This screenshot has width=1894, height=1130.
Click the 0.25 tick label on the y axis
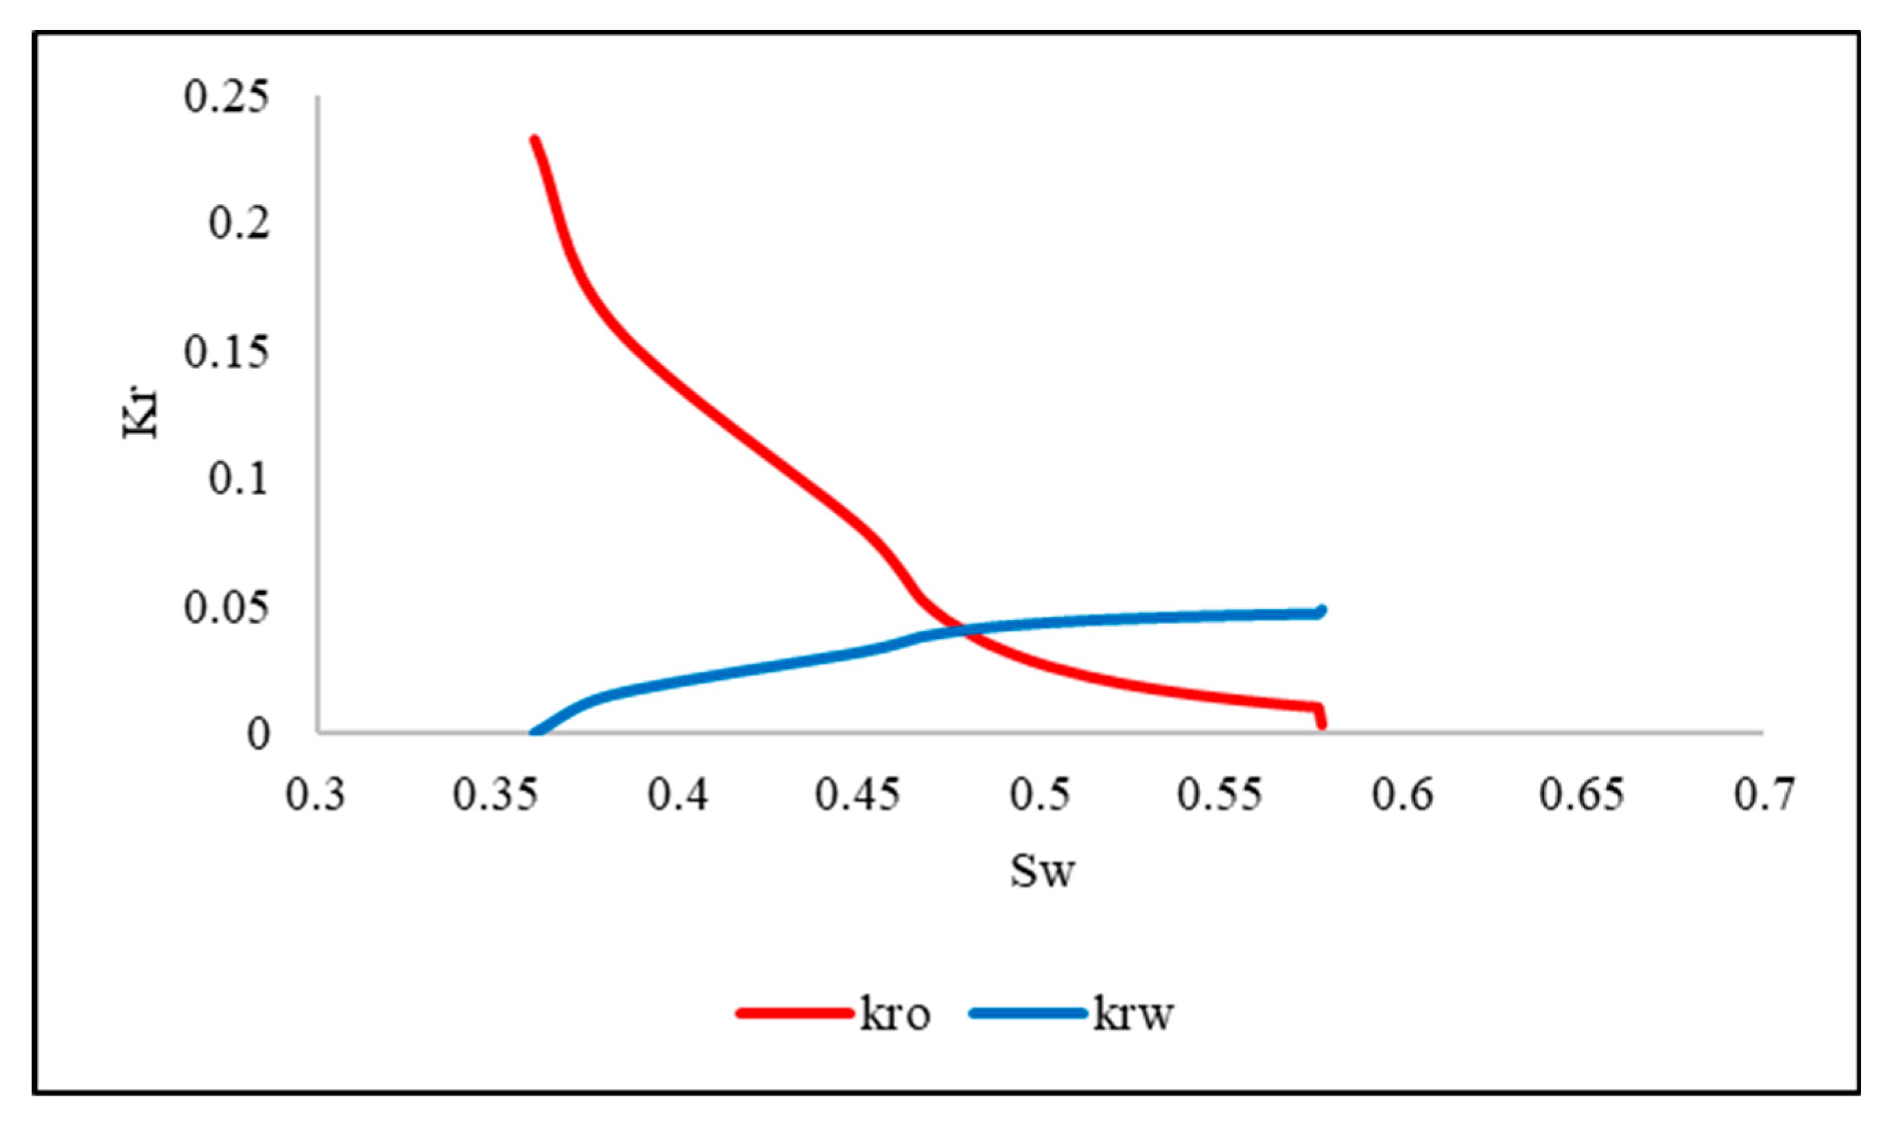[226, 97]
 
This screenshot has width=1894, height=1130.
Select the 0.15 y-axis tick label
[226, 352]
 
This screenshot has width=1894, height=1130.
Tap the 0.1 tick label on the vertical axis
[239, 479]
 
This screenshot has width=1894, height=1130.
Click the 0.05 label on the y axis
[226, 607]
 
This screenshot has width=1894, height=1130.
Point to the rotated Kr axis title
[141, 413]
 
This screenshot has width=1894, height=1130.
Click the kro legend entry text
[896, 1014]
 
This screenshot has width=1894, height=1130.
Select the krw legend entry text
[1133, 1014]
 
